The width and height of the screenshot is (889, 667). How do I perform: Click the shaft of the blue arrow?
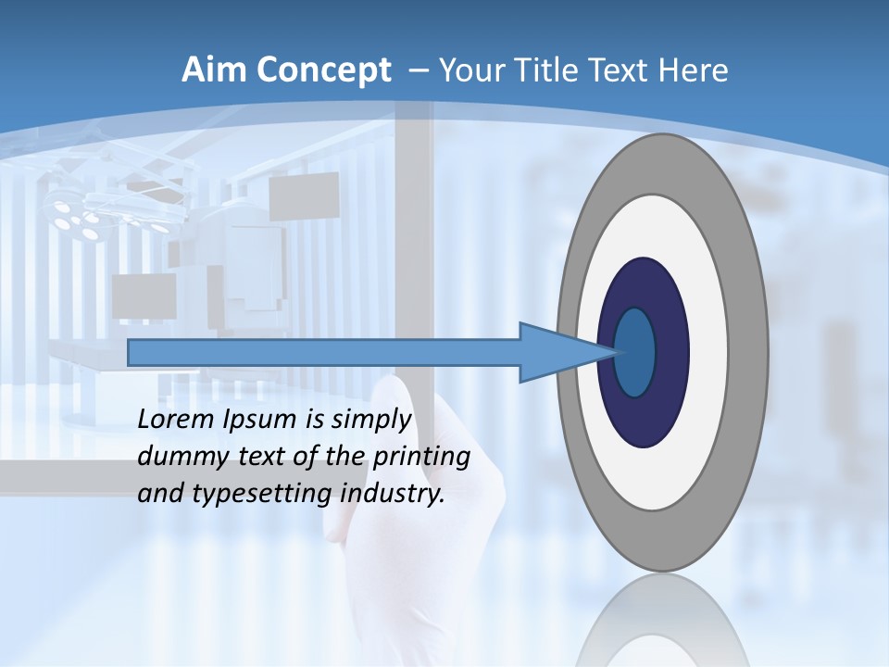324,353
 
